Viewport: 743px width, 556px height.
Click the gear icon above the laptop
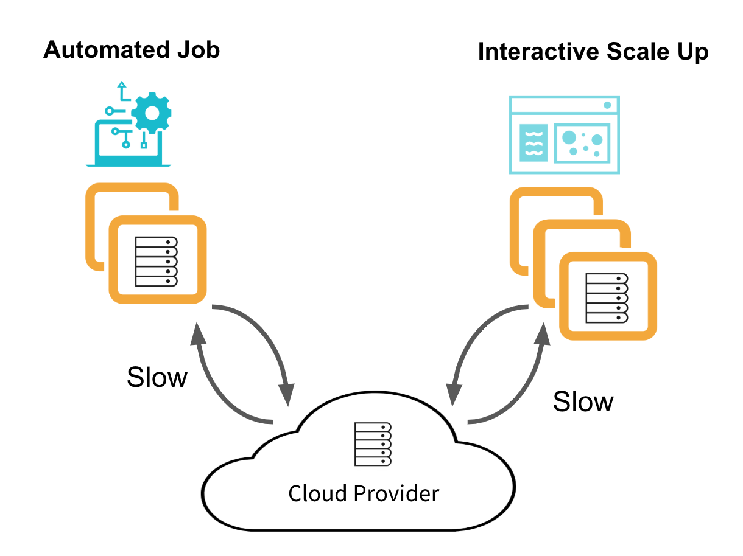(x=152, y=113)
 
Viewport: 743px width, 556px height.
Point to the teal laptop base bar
(x=129, y=164)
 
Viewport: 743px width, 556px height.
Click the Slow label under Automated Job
(x=157, y=378)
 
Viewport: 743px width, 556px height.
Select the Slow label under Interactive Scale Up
(x=583, y=401)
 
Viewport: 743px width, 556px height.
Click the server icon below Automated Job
(x=156, y=261)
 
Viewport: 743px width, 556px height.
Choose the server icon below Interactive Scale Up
(x=607, y=298)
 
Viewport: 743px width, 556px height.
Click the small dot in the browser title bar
(x=607, y=105)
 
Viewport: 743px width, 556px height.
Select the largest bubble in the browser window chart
(x=569, y=137)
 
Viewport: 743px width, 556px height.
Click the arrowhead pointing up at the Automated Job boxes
(x=197, y=333)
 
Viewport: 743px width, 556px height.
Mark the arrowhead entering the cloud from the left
(x=287, y=395)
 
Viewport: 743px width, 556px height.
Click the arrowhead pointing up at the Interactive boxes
(x=541, y=333)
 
